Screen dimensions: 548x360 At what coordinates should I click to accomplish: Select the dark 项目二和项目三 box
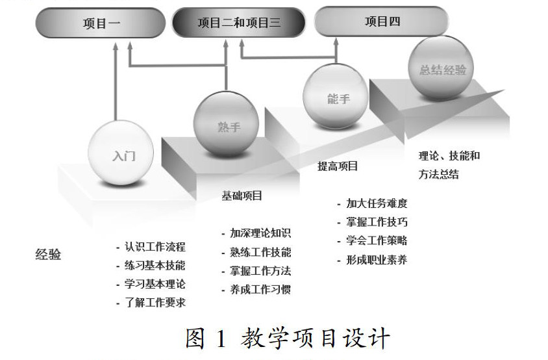tap(239, 23)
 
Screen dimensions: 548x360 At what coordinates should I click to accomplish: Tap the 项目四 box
tap(382, 22)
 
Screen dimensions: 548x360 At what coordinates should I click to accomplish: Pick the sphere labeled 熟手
tap(227, 125)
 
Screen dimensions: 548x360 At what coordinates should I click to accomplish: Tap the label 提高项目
tap(338, 166)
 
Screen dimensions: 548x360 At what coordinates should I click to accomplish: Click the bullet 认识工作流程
tap(155, 247)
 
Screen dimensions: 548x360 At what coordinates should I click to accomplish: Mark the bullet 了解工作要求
tap(155, 302)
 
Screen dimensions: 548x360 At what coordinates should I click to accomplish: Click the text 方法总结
tap(439, 174)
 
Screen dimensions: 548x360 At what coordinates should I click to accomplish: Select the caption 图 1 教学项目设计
tap(288, 339)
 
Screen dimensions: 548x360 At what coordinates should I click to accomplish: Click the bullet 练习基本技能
tap(155, 265)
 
